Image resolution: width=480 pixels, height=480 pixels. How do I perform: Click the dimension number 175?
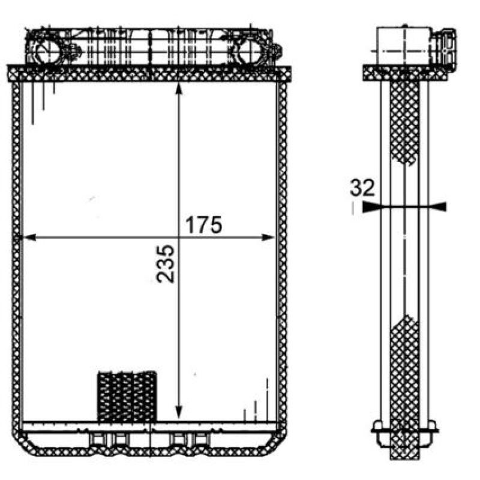tap(203, 225)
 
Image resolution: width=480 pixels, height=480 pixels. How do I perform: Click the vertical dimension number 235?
tap(166, 263)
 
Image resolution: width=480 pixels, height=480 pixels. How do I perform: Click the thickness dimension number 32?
tap(362, 188)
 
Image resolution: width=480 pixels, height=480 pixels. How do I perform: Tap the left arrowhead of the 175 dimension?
tap(29, 237)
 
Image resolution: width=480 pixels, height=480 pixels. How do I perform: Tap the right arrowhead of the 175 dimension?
tap(268, 237)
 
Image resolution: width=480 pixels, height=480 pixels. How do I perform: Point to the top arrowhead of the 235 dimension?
tap(179, 89)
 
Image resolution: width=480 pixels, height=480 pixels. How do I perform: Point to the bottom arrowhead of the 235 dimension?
tap(179, 412)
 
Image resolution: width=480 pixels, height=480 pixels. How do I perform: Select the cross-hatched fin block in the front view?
tap(127, 397)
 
